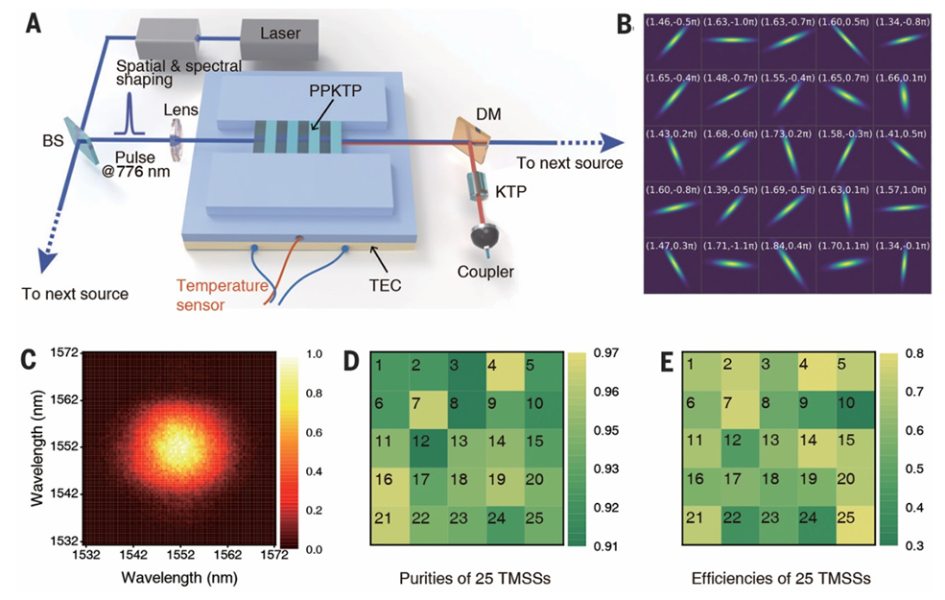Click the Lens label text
pyautogui.click(x=180, y=110)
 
